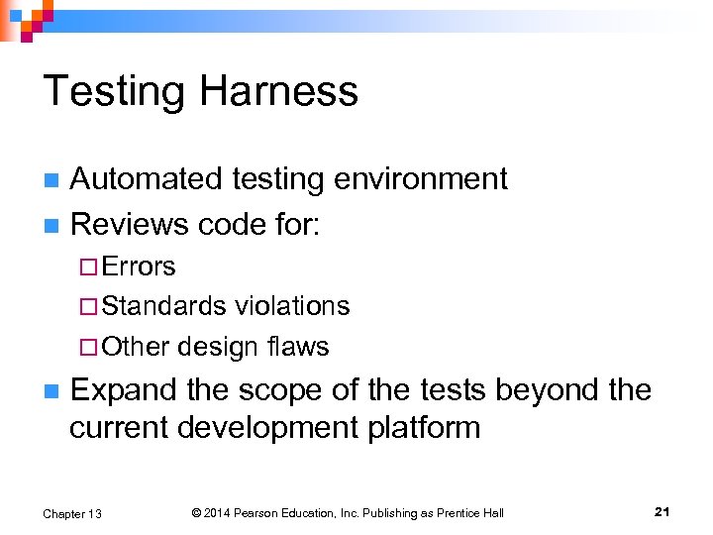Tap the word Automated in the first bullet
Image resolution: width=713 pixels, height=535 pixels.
(146, 178)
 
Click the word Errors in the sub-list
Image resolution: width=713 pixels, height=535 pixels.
(139, 267)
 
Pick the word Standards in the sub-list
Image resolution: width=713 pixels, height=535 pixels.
(163, 306)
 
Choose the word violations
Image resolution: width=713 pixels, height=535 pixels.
(293, 306)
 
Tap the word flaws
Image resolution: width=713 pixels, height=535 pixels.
(298, 347)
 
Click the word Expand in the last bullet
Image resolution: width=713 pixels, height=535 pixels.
(124, 390)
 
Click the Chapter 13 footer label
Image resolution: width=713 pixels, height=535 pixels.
(72, 513)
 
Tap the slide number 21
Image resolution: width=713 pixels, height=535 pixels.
(662, 512)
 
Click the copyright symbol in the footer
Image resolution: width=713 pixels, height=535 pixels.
(196, 513)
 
